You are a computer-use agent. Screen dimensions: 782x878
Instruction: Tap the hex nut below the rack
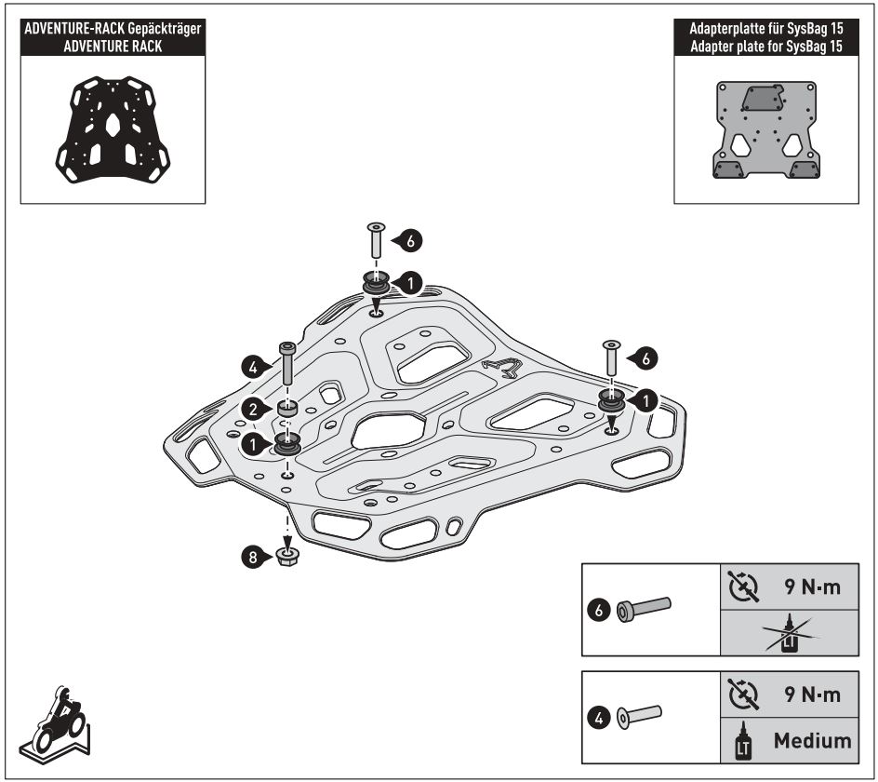[287, 558]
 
